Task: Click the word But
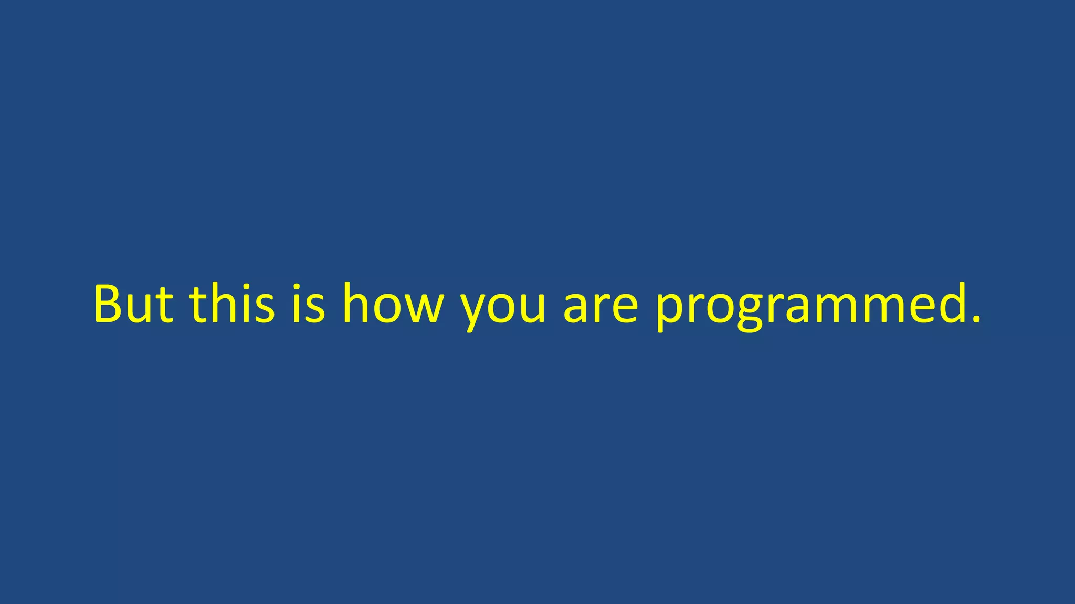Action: click(133, 304)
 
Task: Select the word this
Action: click(231, 304)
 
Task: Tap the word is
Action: click(309, 304)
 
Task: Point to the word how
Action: click(393, 304)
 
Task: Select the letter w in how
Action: click(423, 307)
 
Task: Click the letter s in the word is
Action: click(316, 307)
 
